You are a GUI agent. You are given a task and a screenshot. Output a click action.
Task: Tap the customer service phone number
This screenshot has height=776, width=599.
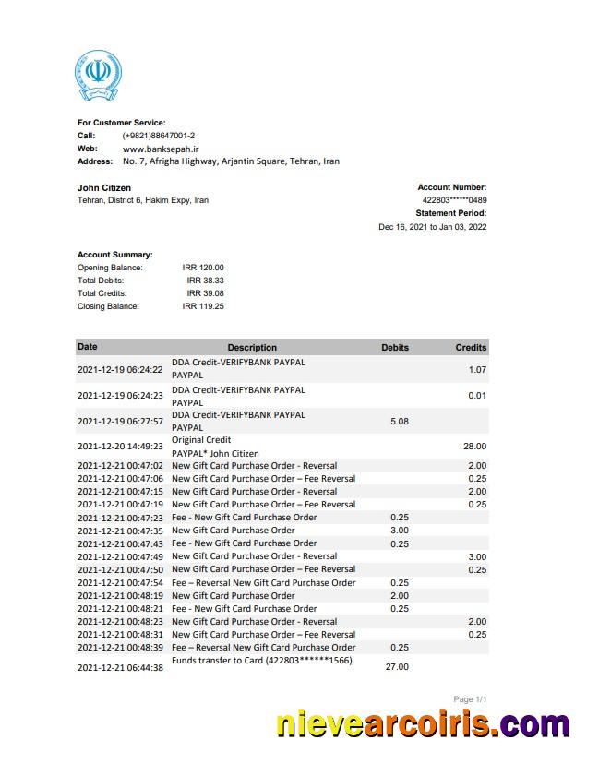(158, 136)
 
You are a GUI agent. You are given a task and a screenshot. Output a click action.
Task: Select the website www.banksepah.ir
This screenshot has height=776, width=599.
(162, 149)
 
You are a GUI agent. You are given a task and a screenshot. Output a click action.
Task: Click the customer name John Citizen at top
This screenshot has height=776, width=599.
(103, 187)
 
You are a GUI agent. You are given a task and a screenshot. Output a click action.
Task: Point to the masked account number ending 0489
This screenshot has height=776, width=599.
(454, 200)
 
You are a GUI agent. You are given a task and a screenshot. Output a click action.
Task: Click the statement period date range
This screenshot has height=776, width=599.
(432, 227)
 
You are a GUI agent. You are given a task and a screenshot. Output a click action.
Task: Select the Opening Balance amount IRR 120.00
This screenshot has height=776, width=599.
(203, 268)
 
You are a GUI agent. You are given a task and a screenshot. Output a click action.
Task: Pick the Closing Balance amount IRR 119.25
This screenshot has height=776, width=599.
(203, 306)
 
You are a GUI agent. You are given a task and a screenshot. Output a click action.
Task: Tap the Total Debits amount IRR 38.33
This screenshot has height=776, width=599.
(205, 281)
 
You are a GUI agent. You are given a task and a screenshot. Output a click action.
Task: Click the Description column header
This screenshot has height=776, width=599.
(252, 348)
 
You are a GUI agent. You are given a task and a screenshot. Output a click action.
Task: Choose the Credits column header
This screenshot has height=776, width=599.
(471, 348)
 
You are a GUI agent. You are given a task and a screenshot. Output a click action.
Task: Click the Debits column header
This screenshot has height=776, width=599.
(395, 348)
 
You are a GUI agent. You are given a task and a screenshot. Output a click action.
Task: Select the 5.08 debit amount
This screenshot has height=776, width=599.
(400, 422)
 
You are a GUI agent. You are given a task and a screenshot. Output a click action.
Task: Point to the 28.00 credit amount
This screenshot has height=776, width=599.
(473, 447)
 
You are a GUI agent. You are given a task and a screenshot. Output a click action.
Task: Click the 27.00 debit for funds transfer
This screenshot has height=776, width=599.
(396, 667)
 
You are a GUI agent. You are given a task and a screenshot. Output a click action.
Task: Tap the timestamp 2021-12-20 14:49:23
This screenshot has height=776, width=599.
(120, 447)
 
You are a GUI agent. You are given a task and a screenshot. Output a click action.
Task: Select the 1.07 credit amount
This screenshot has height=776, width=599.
(476, 370)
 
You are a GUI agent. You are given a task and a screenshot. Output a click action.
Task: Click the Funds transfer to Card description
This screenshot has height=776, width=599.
(262, 661)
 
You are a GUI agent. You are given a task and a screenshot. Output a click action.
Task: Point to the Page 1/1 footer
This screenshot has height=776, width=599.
(470, 699)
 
